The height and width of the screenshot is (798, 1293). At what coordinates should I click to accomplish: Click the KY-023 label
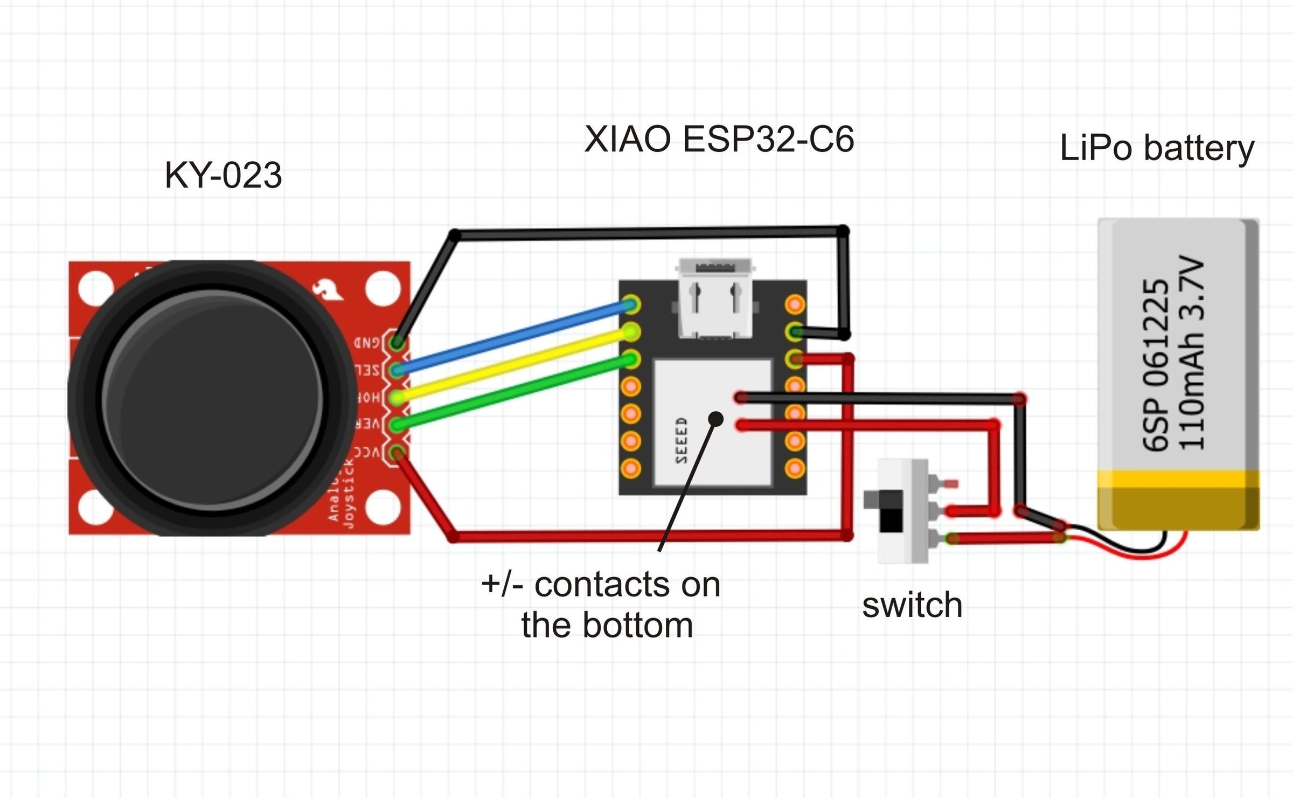(223, 175)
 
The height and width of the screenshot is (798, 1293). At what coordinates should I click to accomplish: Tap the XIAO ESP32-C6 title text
(719, 139)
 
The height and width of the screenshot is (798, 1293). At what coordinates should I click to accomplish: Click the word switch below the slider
(912, 605)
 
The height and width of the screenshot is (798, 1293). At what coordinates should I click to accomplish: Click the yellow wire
(512, 365)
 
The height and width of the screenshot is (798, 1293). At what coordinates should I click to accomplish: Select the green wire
(512, 392)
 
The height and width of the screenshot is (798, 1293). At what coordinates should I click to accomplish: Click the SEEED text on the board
(682, 440)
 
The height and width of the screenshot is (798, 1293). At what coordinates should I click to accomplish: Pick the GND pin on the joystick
(398, 342)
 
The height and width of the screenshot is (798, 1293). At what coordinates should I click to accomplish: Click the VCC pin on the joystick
(398, 452)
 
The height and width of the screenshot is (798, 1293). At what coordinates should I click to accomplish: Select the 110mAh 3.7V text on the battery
(1191, 353)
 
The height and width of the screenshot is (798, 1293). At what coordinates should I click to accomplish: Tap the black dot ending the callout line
(716, 419)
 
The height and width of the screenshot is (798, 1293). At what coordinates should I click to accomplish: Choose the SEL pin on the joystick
(398, 370)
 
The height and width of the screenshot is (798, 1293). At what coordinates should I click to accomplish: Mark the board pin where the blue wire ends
(631, 304)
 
